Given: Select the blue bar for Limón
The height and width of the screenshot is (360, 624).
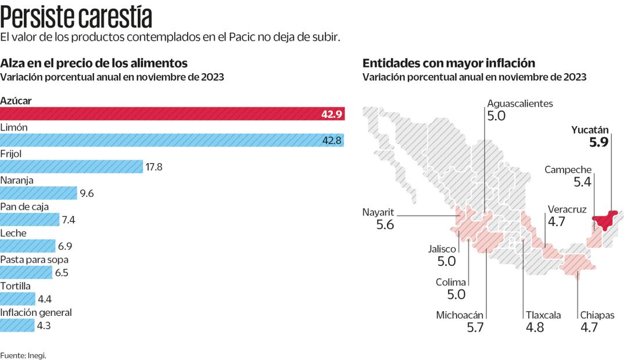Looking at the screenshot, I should click(172, 140).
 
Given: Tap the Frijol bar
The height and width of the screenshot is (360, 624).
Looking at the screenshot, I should click(71, 167).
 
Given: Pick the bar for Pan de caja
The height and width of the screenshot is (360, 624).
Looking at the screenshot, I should click(30, 219).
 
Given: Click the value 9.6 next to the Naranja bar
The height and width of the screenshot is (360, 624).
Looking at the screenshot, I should click(87, 193).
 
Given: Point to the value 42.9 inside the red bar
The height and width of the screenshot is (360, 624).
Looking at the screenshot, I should click(332, 114).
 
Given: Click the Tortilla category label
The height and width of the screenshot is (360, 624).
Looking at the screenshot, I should click(16, 286).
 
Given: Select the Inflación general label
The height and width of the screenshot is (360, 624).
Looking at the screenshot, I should click(36, 312).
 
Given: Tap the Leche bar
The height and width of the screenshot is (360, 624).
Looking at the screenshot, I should click(27, 246).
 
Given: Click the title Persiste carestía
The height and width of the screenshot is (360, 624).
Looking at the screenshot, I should click(76, 17).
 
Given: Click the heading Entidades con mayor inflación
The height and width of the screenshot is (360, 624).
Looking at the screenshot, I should click(449, 63).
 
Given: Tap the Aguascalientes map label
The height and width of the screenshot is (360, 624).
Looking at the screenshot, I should click(519, 103).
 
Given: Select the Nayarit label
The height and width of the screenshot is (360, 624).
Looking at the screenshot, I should click(378, 212).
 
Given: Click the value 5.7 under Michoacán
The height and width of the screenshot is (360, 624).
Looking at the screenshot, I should click(475, 327).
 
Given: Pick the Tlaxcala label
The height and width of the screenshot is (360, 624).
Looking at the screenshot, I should click(543, 315).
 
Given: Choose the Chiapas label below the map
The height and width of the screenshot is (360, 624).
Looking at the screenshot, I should click(597, 315).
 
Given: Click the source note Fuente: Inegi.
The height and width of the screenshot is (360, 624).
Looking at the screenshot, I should click(23, 355).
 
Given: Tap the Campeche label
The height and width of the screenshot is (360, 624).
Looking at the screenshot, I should click(568, 170).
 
